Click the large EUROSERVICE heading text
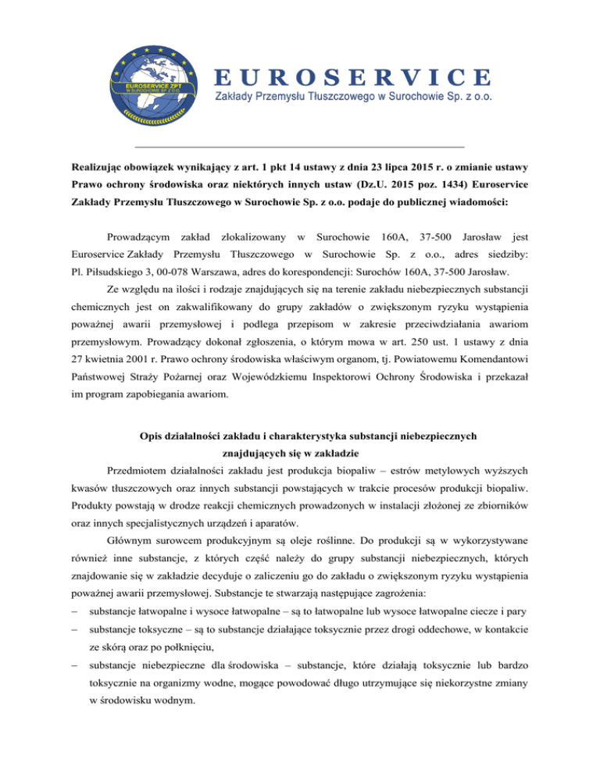(353, 77)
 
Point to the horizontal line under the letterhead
(299, 147)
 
